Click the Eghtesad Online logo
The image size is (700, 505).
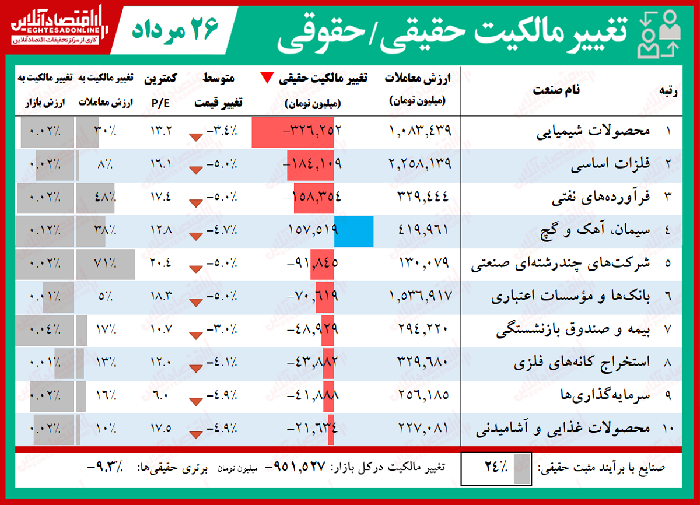(56, 27)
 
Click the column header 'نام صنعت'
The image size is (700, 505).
(556, 91)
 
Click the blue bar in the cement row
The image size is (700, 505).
(354, 230)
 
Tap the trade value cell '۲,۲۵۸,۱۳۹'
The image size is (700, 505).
(419, 164)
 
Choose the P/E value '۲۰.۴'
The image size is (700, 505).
(160, 264)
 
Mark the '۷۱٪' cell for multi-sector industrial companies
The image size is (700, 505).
(105, 264)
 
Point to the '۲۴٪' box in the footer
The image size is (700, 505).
(496, 468)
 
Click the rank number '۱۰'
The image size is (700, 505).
(668, 430)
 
